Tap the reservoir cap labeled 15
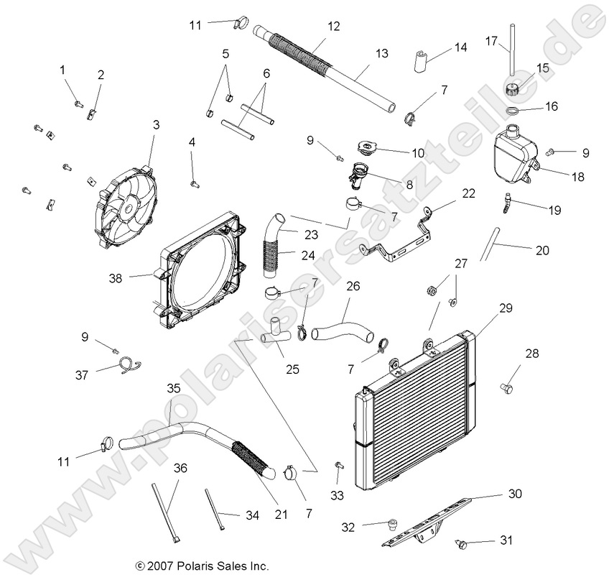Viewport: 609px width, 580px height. tap(513, 91)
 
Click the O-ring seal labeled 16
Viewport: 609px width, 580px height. tap(512, 111)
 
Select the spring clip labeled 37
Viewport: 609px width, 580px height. tap(129, 366)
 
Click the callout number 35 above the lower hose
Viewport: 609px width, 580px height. tap(173, 387)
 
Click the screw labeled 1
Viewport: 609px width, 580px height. tap(78, 104)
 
